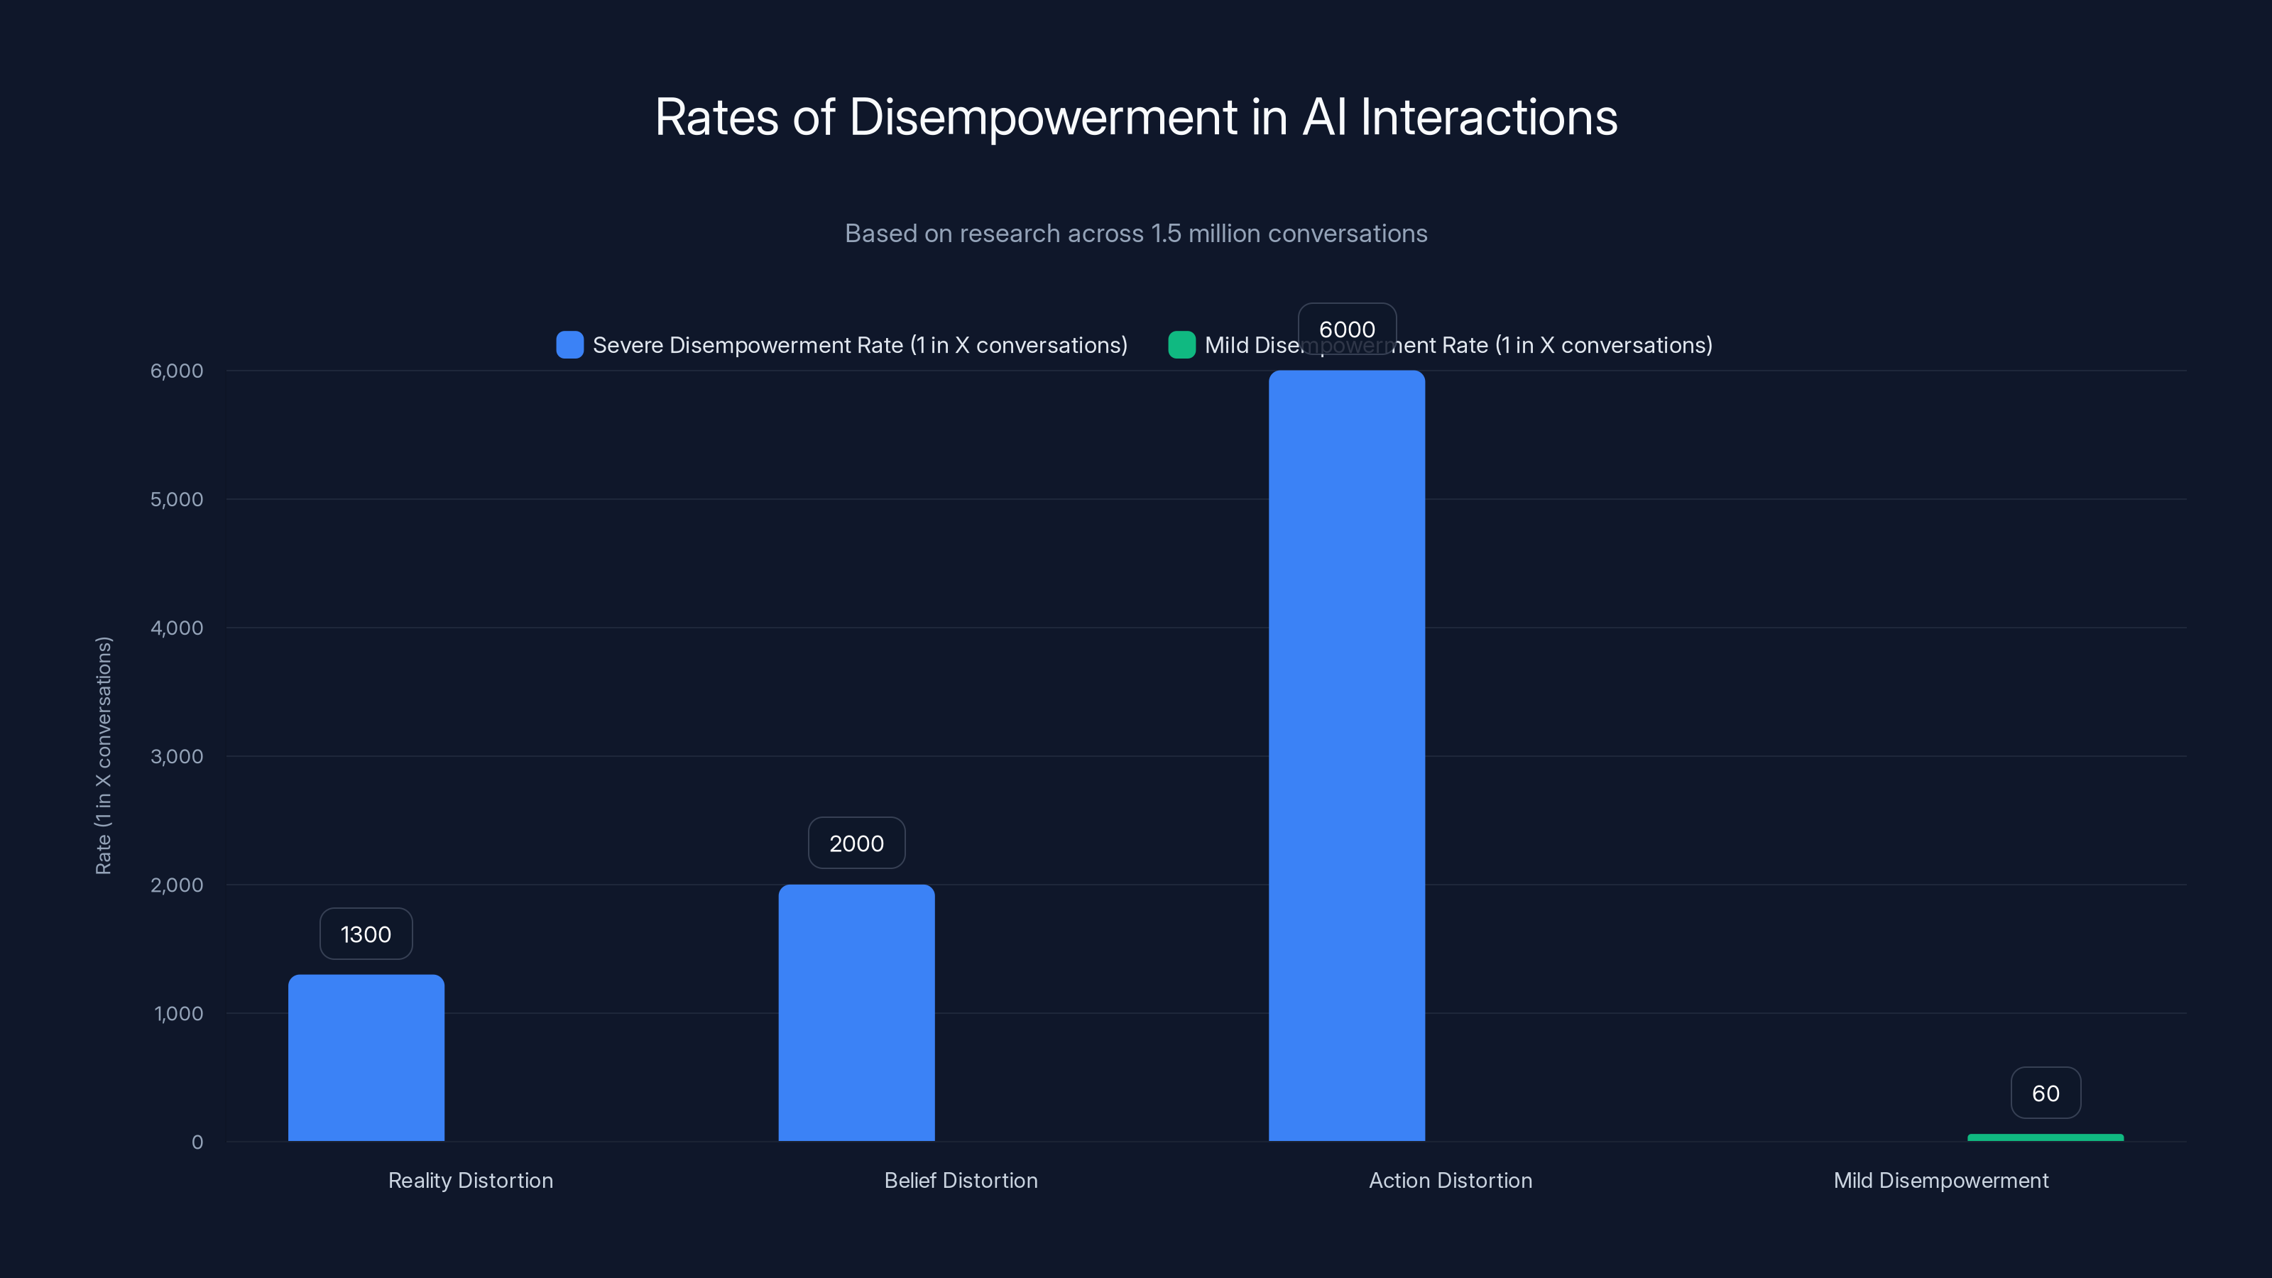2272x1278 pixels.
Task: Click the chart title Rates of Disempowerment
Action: point(1136,117)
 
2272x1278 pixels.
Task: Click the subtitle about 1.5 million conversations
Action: point(1136,234)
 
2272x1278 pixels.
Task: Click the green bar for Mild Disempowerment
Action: point(2046,1137)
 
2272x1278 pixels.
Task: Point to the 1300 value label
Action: point(366,934)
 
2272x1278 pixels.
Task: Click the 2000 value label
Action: point(856,843)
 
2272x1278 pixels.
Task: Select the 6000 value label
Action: point(1347,329)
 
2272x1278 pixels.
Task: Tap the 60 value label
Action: point(2046,1093)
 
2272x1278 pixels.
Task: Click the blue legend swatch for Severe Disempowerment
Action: point(569,345)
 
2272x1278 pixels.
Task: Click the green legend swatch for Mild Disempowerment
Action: point(1182,345)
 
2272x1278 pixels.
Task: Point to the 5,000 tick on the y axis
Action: point(176,499)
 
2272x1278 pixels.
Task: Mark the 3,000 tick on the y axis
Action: point(176,757)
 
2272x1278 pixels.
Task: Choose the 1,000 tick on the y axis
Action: point(178,1013)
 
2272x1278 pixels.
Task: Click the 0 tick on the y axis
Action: point(197,1142)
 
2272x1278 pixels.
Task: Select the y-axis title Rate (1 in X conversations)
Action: point(103,756)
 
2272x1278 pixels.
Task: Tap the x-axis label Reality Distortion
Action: point(470,1180)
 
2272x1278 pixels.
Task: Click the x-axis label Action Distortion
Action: point(1450,1180)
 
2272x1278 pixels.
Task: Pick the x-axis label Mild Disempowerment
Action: point(1940,1180)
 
